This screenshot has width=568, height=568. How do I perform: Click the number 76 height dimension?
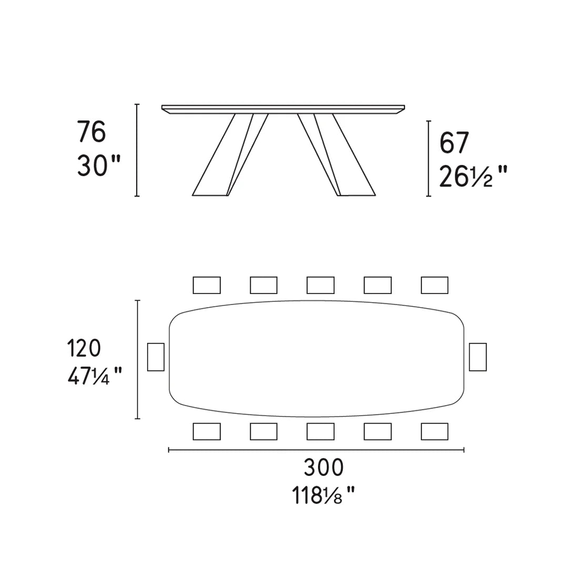(92, 132)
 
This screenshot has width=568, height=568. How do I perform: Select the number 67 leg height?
(454, 143)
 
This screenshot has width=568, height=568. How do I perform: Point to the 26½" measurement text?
(473, 177)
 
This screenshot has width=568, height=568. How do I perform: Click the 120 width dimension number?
(84, 348)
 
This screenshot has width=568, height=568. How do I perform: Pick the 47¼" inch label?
(95, 376)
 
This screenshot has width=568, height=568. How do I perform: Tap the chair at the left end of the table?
(156, 357)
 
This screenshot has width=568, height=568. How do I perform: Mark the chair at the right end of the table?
(478, 357)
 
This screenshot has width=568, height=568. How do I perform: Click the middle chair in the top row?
(320, 285)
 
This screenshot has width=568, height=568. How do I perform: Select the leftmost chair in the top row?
(207, 285)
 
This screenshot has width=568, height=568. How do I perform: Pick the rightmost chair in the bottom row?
(434, 431)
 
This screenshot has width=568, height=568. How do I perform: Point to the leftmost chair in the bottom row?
(207, 431)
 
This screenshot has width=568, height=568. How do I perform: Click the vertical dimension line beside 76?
(137, 150)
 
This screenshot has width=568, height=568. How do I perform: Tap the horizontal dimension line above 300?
(316, 450)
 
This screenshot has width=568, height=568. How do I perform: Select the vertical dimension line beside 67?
(429, 158)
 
